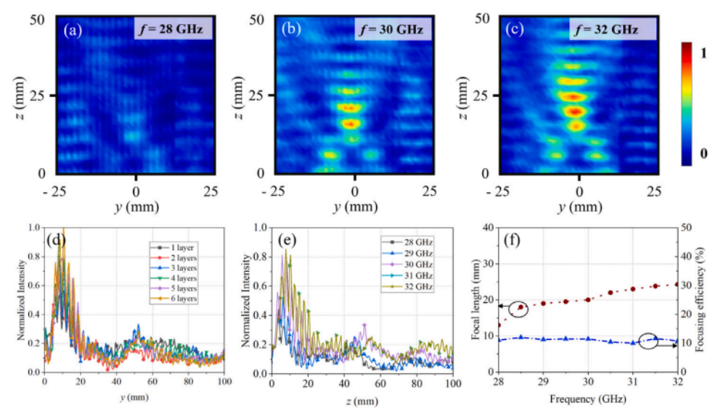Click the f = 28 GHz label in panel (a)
point(174,30)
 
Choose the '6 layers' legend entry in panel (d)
point(181,299)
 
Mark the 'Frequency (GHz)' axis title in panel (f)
point(587,399)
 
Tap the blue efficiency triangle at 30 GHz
point(588,339)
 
